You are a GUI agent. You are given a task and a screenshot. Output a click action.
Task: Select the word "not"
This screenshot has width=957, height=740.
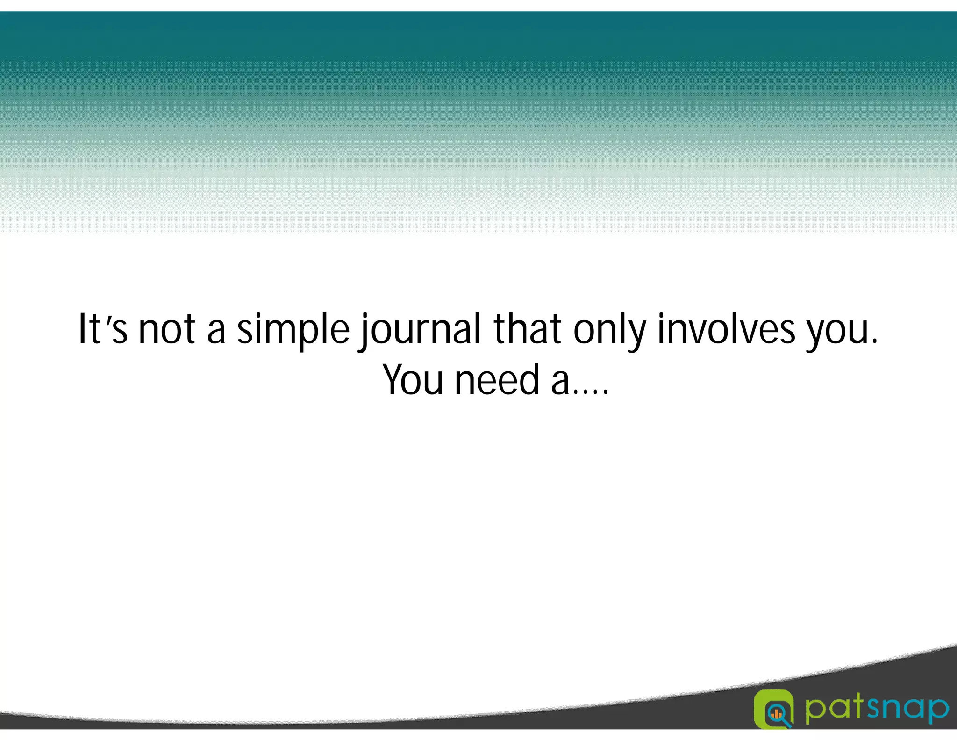[167, 330]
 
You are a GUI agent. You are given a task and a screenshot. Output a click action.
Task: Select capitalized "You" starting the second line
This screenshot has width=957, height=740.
[413, 380]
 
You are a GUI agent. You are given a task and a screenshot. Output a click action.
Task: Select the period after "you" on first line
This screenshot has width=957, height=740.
[874, 342]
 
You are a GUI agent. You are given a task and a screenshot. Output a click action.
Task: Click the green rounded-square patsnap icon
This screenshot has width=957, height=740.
[774, 709]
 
